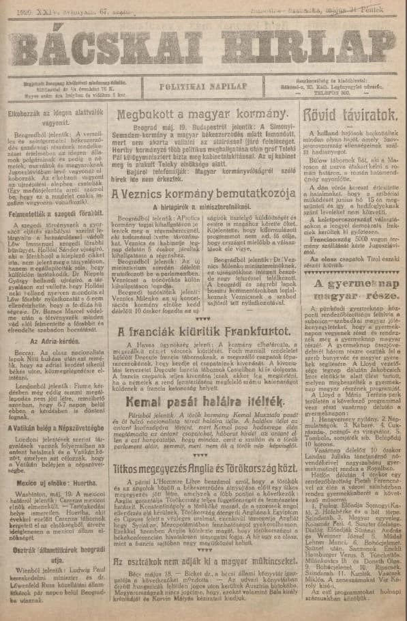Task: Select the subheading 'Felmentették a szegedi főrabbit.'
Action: tap(47, 213)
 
